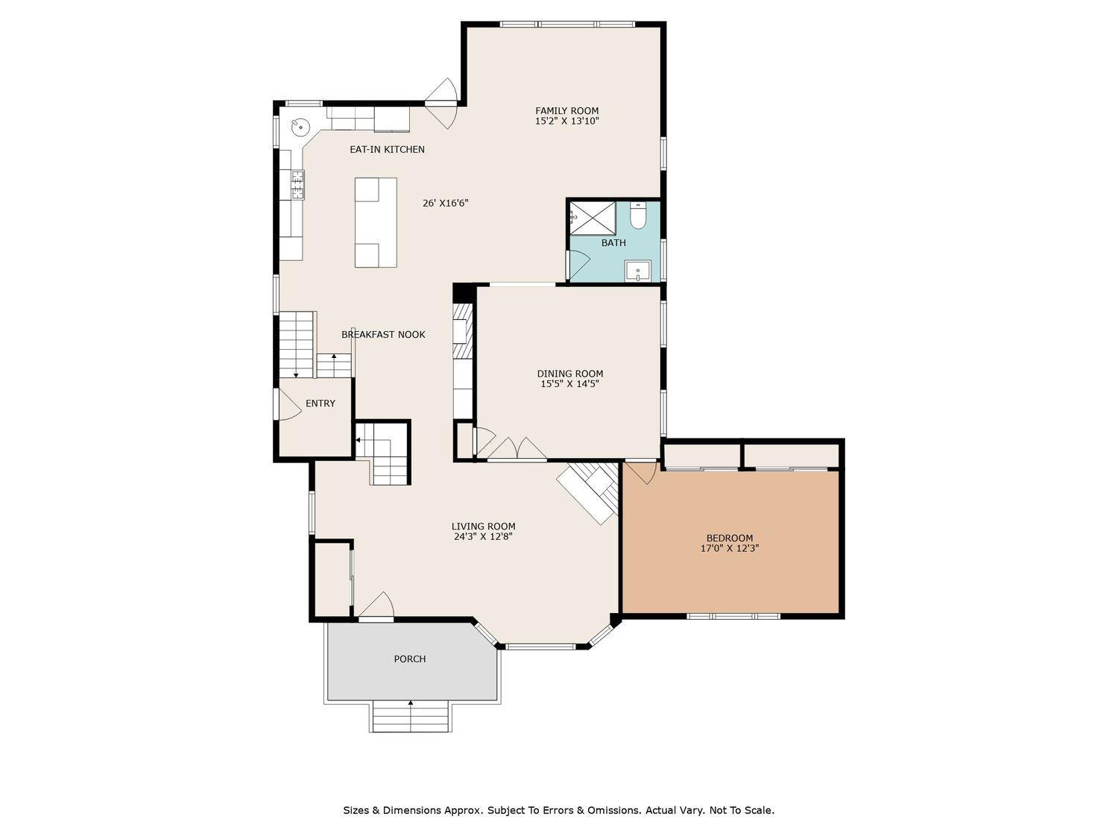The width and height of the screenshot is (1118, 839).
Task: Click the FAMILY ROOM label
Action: (x=566, y=111)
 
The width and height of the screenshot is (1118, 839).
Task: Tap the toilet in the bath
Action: (x=638, y=216)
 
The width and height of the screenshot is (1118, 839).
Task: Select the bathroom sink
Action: (x=637, y=271)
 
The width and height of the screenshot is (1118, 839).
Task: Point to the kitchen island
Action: (x=376, y=222)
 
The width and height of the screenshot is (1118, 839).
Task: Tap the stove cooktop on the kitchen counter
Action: (x=297, y=185)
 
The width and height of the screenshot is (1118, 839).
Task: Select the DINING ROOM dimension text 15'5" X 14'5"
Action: (x=569, y=384)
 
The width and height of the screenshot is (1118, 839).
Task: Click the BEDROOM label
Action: (x=729, y=538)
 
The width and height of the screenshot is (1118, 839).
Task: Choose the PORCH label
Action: (x=410, y=659)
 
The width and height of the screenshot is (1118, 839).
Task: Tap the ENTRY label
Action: (x=320, y=403)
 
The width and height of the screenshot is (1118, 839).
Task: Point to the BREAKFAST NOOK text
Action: (x=383, y=335)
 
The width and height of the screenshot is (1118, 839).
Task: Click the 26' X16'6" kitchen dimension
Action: (x=445, y=203)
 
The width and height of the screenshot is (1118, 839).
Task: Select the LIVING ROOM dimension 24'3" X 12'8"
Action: (x=483, y=536)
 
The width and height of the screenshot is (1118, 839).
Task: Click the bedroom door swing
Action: (x=641, y=473)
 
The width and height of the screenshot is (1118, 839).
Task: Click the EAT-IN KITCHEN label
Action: (x=387, y=149)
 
